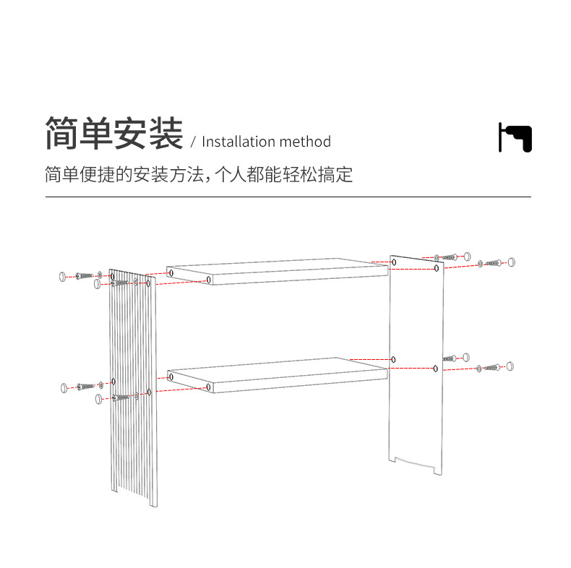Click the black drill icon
point(515,137)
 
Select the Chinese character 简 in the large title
point(61,134)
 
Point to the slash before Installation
point(193,142)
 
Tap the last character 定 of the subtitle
point(344,175)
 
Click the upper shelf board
point(278,269)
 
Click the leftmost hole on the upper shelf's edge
point(171,272)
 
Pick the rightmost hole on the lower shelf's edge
point(209,387)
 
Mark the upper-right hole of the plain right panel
point(436,268)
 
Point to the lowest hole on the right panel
point(435,369)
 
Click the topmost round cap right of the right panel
point(467,256)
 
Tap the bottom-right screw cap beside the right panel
point(510,366)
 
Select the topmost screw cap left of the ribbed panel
point(62,275)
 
